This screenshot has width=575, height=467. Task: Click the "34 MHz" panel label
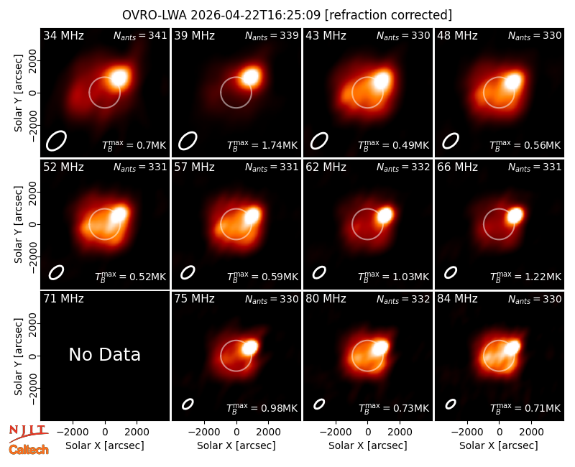tap(63, 35)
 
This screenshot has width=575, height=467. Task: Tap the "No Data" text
tap(105, 354)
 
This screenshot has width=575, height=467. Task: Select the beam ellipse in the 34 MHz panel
tap(56, 140)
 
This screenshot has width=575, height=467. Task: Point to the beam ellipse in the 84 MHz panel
tap(451, 404)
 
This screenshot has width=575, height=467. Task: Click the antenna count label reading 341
tap(140, 35)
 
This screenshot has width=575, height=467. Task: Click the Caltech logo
tap(29, 450)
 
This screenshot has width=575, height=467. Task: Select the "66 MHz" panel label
tap(457, 167)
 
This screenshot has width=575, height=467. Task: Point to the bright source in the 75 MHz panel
tap(250, 347)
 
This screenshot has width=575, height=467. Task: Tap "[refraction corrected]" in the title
tap(388, 15)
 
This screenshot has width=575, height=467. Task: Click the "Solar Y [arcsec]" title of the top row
tap(18, 93)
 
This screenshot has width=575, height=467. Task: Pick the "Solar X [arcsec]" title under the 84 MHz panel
tap(499, 445)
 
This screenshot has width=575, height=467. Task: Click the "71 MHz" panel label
tap(63, 298)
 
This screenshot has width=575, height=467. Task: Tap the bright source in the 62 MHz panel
tap(385, 215)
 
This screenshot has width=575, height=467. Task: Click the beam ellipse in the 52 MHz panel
tap(56, 272)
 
